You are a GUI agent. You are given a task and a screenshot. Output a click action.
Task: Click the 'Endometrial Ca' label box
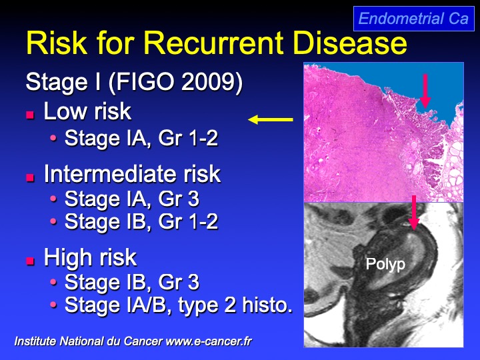pos(414,19)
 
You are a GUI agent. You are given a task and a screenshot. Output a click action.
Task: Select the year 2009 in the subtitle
pos(208,82)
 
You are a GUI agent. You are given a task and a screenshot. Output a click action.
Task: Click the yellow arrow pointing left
pos(270,120)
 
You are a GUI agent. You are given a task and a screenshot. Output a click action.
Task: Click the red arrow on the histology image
pos(425,91)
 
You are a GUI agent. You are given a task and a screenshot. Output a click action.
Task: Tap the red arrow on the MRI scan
pos(414,213)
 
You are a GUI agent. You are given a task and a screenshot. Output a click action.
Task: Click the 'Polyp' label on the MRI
pos(385,264)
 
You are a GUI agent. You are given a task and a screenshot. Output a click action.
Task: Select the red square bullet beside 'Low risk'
pos(30,115)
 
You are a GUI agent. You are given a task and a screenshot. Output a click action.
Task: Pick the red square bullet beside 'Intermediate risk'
pos(30,177)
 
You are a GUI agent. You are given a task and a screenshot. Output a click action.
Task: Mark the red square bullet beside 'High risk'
pos(30,261)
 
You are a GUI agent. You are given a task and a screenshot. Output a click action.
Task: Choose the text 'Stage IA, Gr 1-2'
pos(141,138)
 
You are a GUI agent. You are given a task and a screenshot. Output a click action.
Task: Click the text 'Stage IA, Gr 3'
pos(132,199)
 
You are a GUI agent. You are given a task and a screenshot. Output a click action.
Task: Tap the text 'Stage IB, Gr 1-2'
pos(141,221)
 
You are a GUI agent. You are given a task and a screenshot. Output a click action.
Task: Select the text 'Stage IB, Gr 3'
pos(132,281)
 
